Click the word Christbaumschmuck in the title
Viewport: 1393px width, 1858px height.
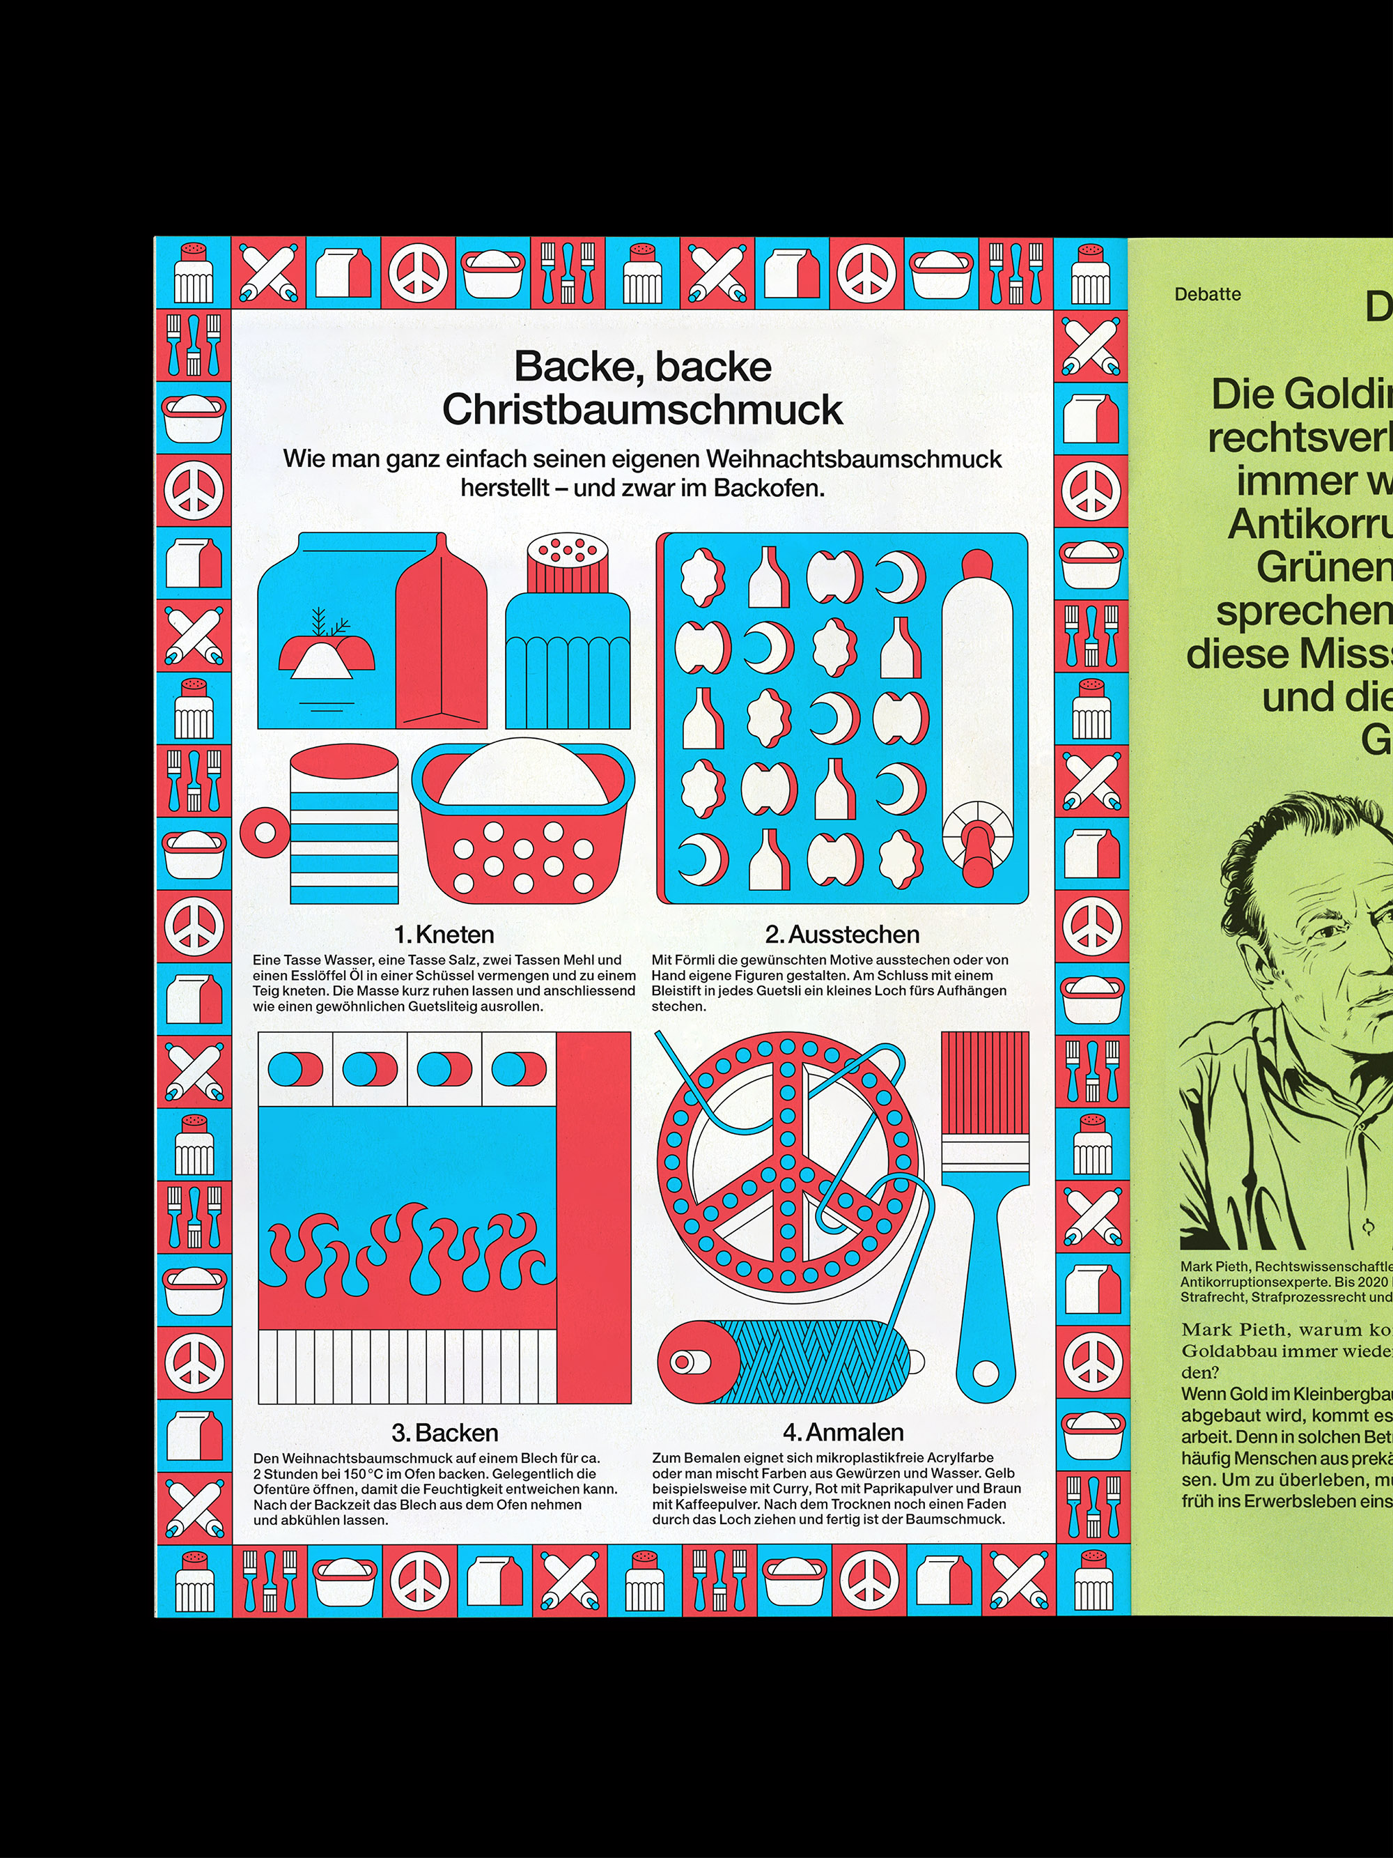642,410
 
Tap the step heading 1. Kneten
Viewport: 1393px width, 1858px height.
444,934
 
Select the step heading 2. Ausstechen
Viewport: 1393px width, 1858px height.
841,934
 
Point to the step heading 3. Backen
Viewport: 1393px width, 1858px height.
444,1431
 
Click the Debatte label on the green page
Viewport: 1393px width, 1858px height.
1208,295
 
